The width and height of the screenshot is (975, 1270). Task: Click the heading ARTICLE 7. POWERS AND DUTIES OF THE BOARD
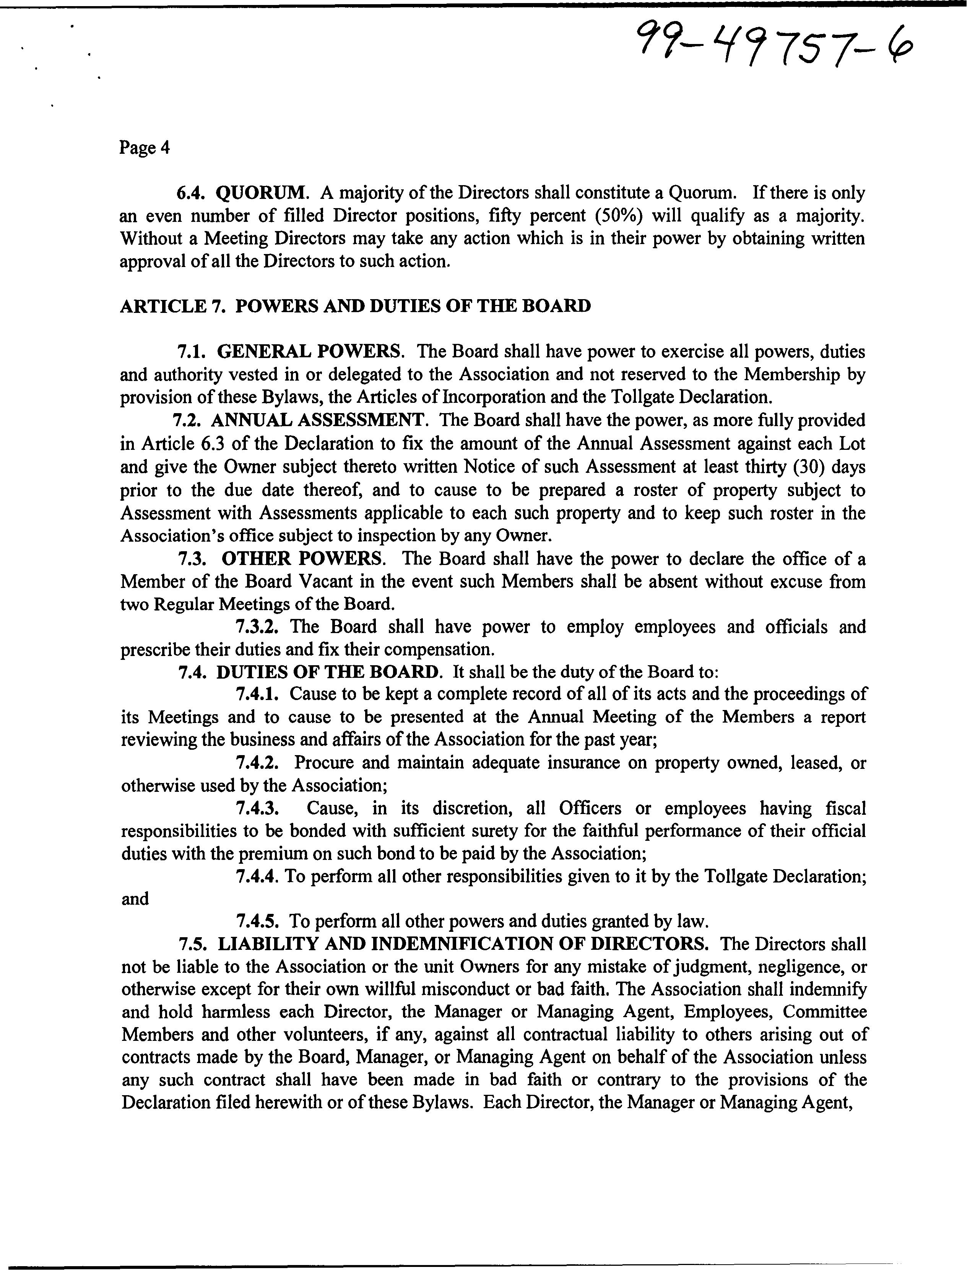[x=355, y=306]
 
